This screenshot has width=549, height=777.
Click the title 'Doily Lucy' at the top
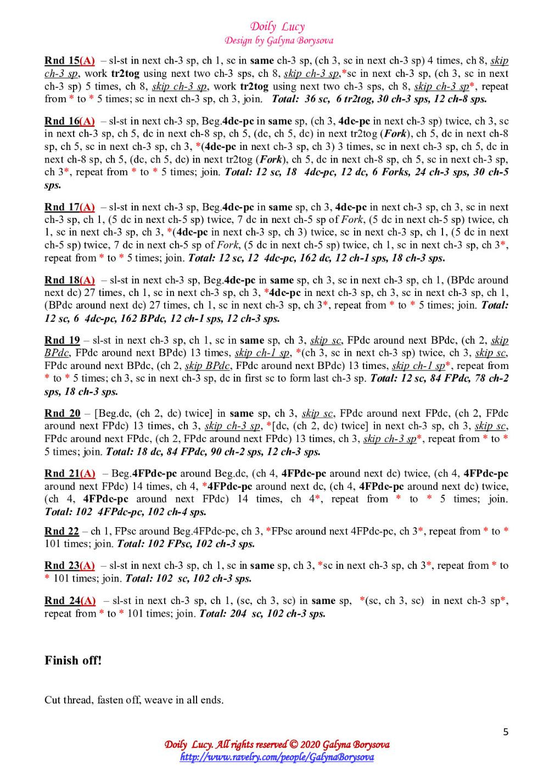click(x=277, y=26)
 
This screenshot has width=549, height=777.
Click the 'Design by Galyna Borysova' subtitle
click(x=278, y=40)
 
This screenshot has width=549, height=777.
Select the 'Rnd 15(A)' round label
click(x=70, y=60)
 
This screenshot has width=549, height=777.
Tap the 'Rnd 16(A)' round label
click(x=70, y=121)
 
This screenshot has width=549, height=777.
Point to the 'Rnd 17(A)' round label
click(x=70, y=207)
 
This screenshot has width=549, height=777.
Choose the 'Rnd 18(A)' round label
click(x=70, y=280)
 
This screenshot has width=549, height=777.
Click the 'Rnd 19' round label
click(x=62, y=340)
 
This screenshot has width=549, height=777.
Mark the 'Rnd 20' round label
click(x=62, y=413)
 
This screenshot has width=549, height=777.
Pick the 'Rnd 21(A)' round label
click(x=70, y=473)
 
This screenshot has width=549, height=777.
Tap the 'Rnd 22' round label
click(x=61, y=531)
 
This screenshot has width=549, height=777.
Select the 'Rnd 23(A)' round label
click(x=70, y=565)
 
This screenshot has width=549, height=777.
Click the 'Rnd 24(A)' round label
click(x=70, y=601)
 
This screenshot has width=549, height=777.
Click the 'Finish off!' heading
click(x=73, y=661)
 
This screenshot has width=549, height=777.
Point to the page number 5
click(x=506, y=731)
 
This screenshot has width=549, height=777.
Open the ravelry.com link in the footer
click(x=277, y=757)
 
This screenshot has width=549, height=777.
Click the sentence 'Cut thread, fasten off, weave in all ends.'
click(x=134, y=700)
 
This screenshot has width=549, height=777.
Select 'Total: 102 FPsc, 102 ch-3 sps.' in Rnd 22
click(x=186, y=544)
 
